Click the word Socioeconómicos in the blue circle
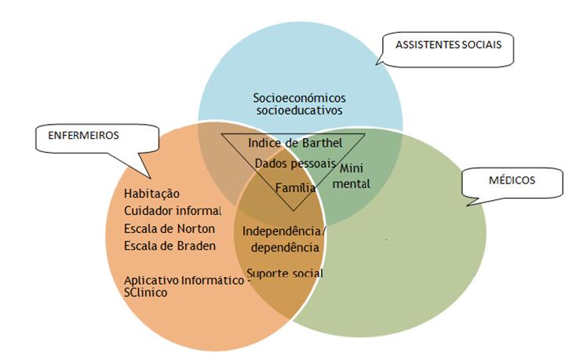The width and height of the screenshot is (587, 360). pyautogui.click(x=299, y=98)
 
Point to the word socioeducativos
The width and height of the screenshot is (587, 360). pyautogui.click(x=300, y=111)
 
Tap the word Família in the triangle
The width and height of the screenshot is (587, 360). pyautogui.click(x=295, y=187)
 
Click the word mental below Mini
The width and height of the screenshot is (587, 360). pyautogui.click(x=354, y=182)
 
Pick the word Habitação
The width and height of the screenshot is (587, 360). pyautogui.click(x=152, y=194)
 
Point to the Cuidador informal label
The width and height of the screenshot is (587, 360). pyautogui.click(x=173, y=211)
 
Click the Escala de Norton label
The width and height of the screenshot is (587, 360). pyautogui.click(x=169, y=228)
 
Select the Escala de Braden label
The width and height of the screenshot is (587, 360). pyautogui.click(x=170, y=245)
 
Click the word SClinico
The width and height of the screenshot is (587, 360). pyautogui.click(x=149, y=292)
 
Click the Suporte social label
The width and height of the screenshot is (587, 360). pyautogui.click(x=284, y=273)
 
